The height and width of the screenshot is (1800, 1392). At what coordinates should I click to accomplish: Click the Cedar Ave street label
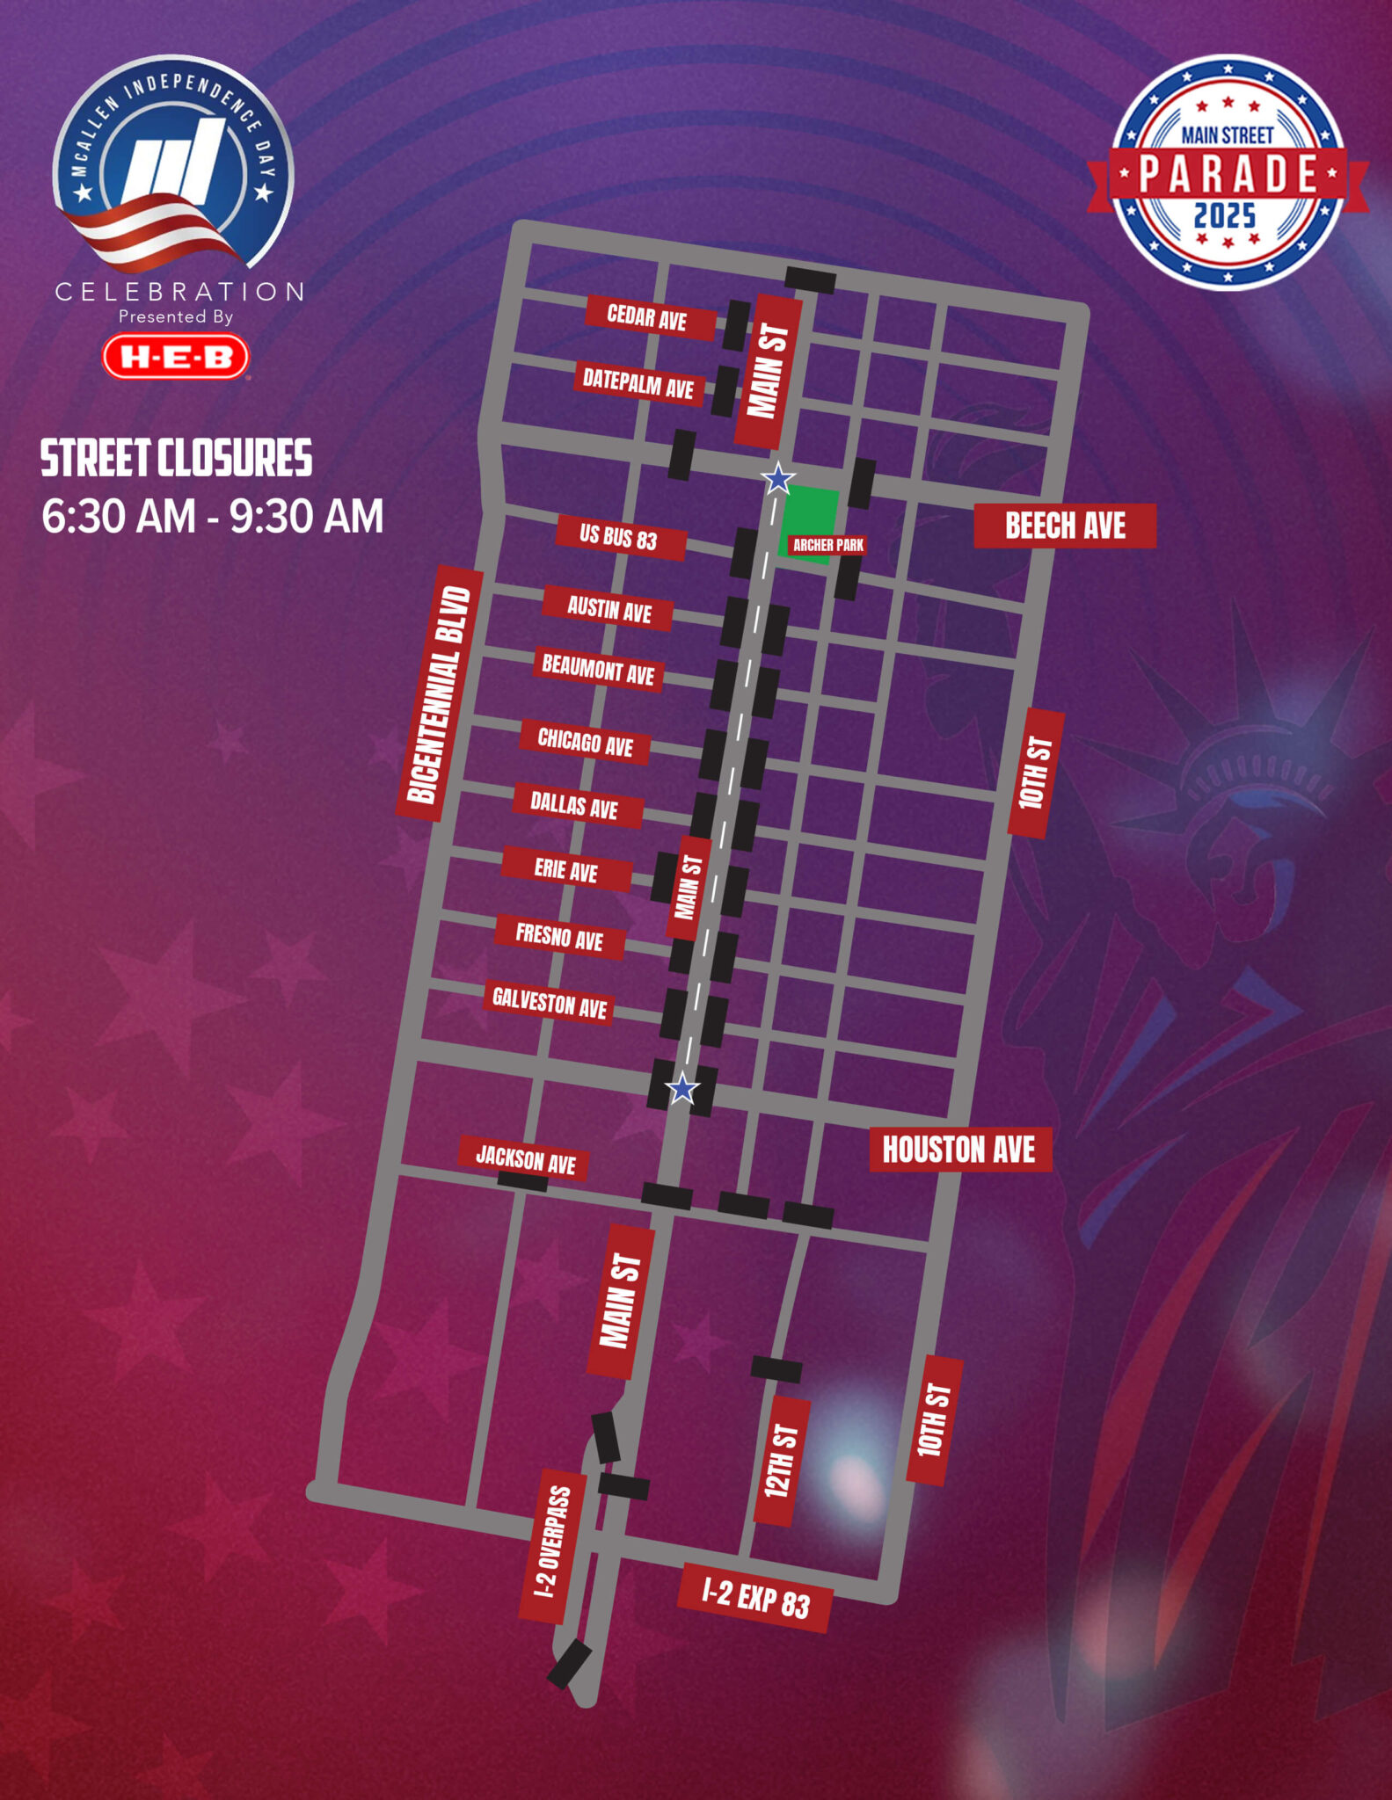(x=649, y=317)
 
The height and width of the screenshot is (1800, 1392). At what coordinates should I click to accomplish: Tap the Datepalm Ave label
(x=639, y=383)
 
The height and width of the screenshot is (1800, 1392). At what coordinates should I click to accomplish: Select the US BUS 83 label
(x=619, y=536)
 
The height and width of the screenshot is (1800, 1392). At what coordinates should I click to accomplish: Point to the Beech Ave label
(x=1064, y=526)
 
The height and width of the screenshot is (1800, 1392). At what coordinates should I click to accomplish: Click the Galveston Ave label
(x=549, y=1003)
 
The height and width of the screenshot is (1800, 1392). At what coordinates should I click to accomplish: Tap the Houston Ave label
(x=959, y=1150)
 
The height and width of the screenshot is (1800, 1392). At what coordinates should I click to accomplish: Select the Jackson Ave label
(x=525, y=1159)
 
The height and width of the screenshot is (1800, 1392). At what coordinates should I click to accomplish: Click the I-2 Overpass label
(x=553, y=1545)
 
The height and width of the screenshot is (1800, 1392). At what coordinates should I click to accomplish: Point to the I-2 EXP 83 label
(x=754, y=1599)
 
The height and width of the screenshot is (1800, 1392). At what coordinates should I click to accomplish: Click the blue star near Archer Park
(x=777, y=479)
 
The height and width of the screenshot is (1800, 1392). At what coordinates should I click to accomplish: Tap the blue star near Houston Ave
(x=682, y=1090)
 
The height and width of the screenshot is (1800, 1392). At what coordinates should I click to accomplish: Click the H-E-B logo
(x=176, y=357)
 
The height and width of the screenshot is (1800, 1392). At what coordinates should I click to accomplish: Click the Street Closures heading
(x=176, y=459)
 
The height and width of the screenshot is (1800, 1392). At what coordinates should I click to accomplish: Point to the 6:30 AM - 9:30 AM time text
(x=213, y=517)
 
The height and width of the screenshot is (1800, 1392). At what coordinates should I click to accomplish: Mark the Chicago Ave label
(x=586, y=743)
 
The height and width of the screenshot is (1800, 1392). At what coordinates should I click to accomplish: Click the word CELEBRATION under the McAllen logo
(x=180, y=292)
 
